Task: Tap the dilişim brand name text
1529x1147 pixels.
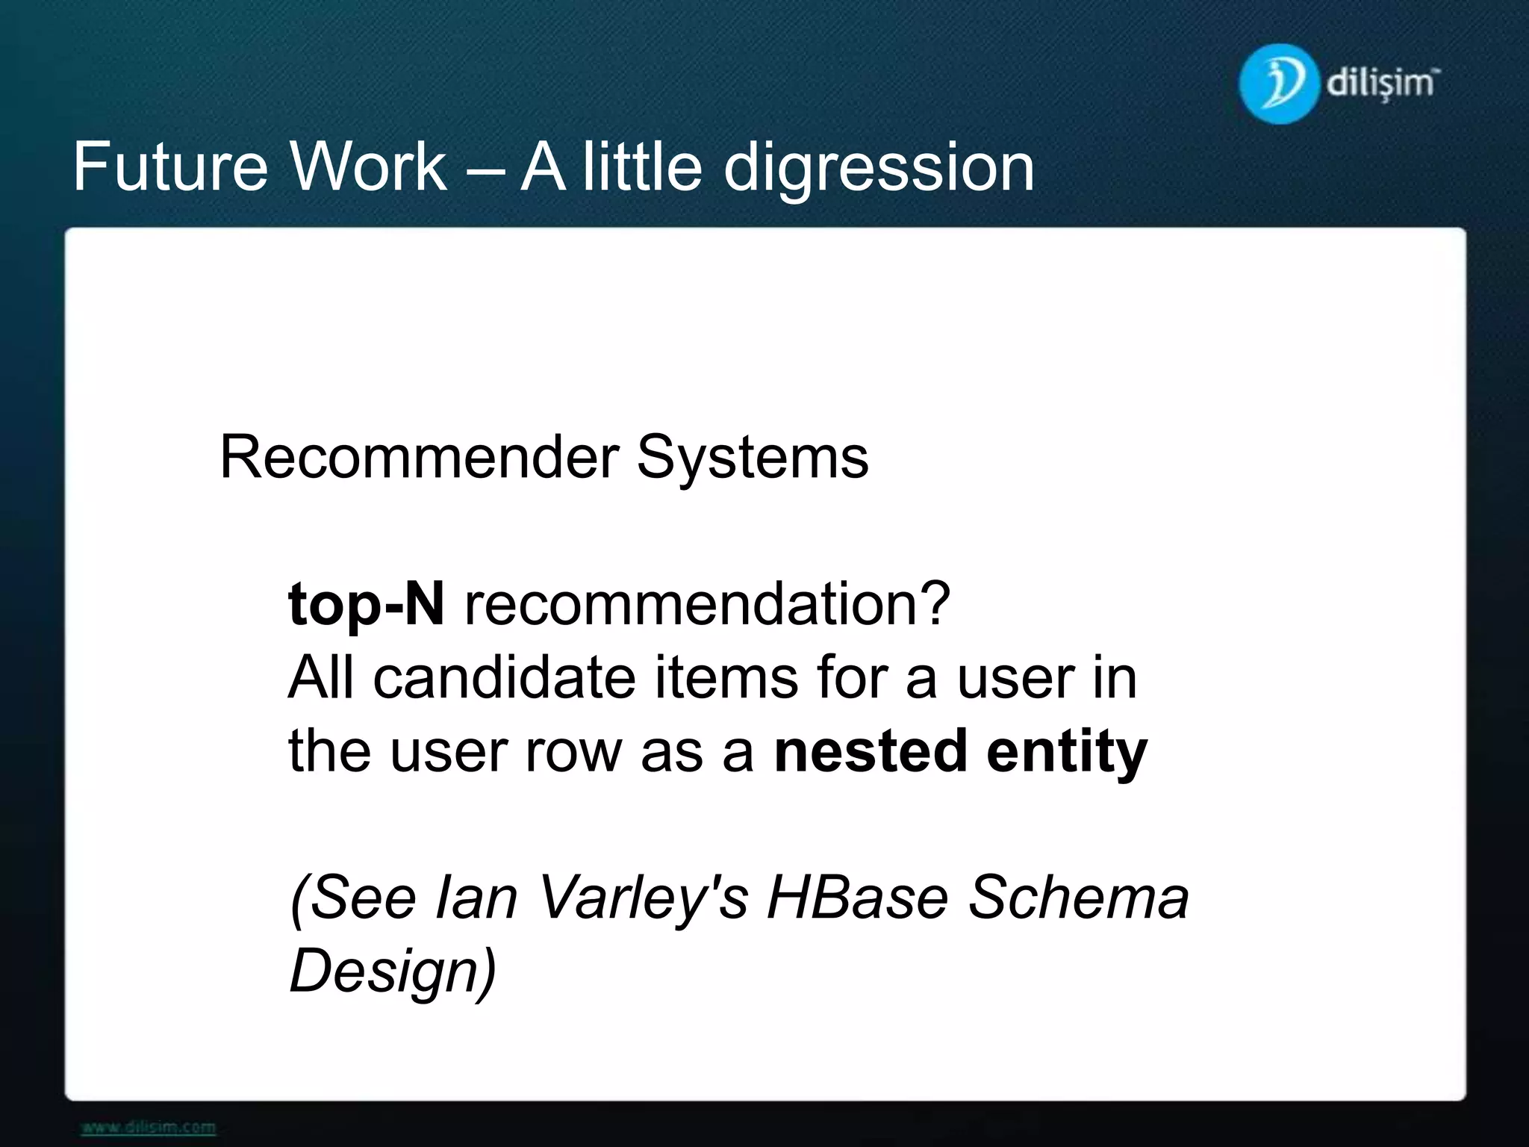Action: tap(1382, 83)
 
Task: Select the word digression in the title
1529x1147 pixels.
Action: tap(879, 169)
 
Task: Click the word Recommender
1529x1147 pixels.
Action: tap(419, 457)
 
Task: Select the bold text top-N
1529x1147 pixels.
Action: tap(366, 603)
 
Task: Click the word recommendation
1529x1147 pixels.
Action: tap(707, 603)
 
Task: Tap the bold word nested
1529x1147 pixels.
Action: tap(870, 750)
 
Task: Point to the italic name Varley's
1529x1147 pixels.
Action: tap(642, 898)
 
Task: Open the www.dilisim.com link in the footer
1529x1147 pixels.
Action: tap(149, 1127)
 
